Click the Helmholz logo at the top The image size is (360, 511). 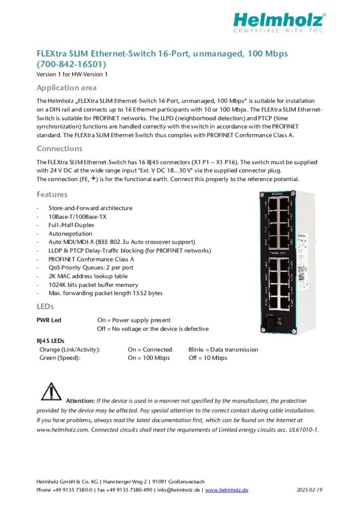point(279,22)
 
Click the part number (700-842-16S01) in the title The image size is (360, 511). point(71,64)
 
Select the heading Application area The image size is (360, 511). point(66,88)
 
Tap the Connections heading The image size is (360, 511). point(59,149)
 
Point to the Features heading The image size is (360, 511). point(52,195)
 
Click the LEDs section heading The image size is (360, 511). point(45,306)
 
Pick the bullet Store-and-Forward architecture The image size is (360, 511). point(90,208)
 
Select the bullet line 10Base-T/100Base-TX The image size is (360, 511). point(77,217)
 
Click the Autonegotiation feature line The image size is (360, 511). point(70,234)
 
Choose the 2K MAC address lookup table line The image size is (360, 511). point(88,276)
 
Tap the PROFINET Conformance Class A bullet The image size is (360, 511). point(91,259)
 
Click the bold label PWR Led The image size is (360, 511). point(49,320)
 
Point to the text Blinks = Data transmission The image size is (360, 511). point(223,350)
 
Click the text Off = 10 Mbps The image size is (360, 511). point(207,358)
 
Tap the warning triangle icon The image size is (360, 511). point(51,392)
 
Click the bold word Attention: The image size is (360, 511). point(80,401)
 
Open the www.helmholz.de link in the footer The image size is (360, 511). point(226,490)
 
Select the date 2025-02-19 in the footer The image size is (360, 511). point(309,490)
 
